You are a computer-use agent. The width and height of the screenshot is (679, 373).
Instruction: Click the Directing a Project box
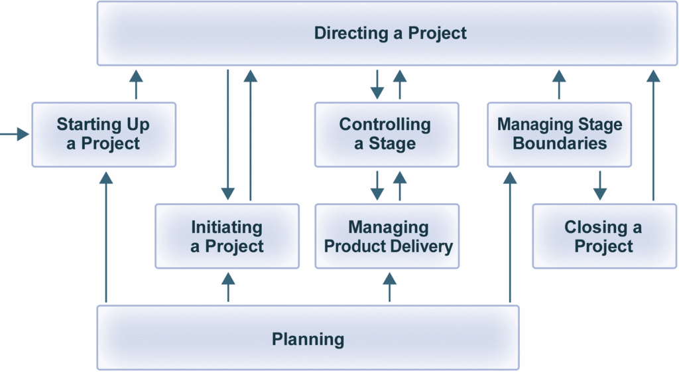pos(390,33)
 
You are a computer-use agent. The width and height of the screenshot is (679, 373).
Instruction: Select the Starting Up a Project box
pos(103,134)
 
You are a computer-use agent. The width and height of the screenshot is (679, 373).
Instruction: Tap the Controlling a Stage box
pos(386,134)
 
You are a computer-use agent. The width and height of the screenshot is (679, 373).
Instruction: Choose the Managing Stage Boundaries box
pos(559,134)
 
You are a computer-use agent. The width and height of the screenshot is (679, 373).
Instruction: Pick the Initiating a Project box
pos(227,236)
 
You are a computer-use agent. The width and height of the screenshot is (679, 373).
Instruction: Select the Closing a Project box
pos(603,236)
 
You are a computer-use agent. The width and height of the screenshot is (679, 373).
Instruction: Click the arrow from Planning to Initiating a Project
pos(228,287)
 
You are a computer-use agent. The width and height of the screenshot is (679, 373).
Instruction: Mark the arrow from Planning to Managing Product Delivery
pos(389,287)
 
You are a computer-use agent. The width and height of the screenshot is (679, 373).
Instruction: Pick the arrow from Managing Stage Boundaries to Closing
pos(599,185)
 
